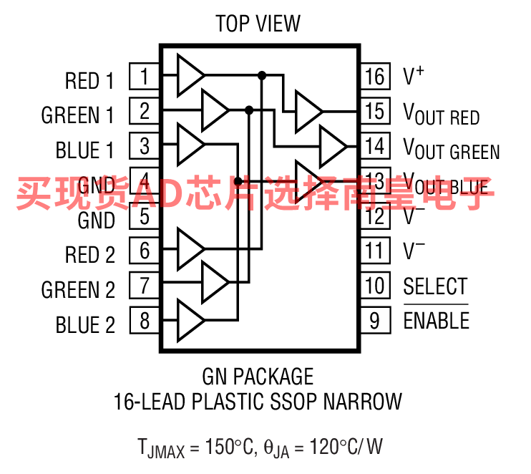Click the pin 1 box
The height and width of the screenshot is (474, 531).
coord(144,76)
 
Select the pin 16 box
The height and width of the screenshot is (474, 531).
coord(375,76)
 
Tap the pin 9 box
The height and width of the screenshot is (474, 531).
coord(375,320)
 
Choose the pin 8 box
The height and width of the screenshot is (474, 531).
coord(144,320)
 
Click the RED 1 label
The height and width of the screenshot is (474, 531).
coord(89,81)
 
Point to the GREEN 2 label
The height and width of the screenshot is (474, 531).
coord(78,290)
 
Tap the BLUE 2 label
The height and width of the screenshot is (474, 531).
coord(85,325)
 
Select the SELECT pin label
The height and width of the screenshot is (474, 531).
coord(435,286)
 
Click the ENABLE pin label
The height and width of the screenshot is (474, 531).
coord(437,321)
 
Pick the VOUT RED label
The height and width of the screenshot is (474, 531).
coord(442,114)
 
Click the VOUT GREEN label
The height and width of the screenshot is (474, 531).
coord(452,148)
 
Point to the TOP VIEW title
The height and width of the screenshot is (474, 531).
coord(258,24)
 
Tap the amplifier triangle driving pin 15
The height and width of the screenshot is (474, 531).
coord(308,111)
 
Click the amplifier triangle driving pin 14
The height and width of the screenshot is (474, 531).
coord(331,146)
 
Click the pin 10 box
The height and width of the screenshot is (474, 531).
coord(375,286)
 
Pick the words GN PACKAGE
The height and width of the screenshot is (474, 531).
coord(258,376)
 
